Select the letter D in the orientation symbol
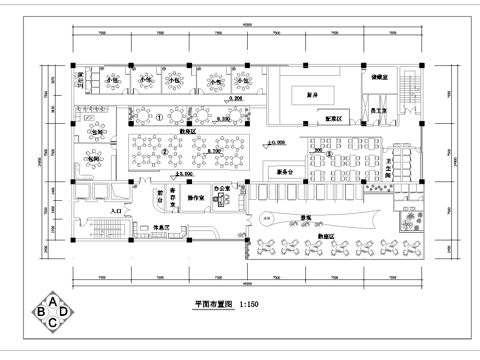[x=65, y=314]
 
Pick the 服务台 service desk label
[x=284, y=172]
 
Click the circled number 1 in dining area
[x=159, y=116]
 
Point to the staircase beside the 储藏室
[x=407, y=97]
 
